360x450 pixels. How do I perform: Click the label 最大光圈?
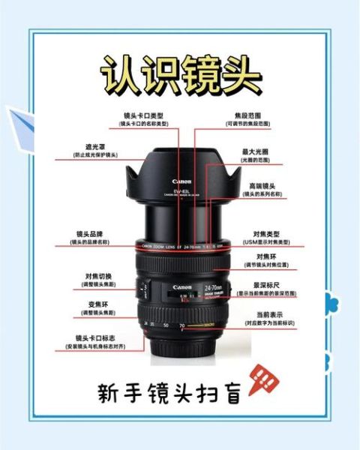[254, 151]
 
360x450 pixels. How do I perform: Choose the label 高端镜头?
[261, 185]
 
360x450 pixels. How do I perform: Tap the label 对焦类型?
[267, 235]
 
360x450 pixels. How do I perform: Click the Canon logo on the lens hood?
[182, 181]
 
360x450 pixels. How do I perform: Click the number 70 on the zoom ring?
[182, 325]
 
